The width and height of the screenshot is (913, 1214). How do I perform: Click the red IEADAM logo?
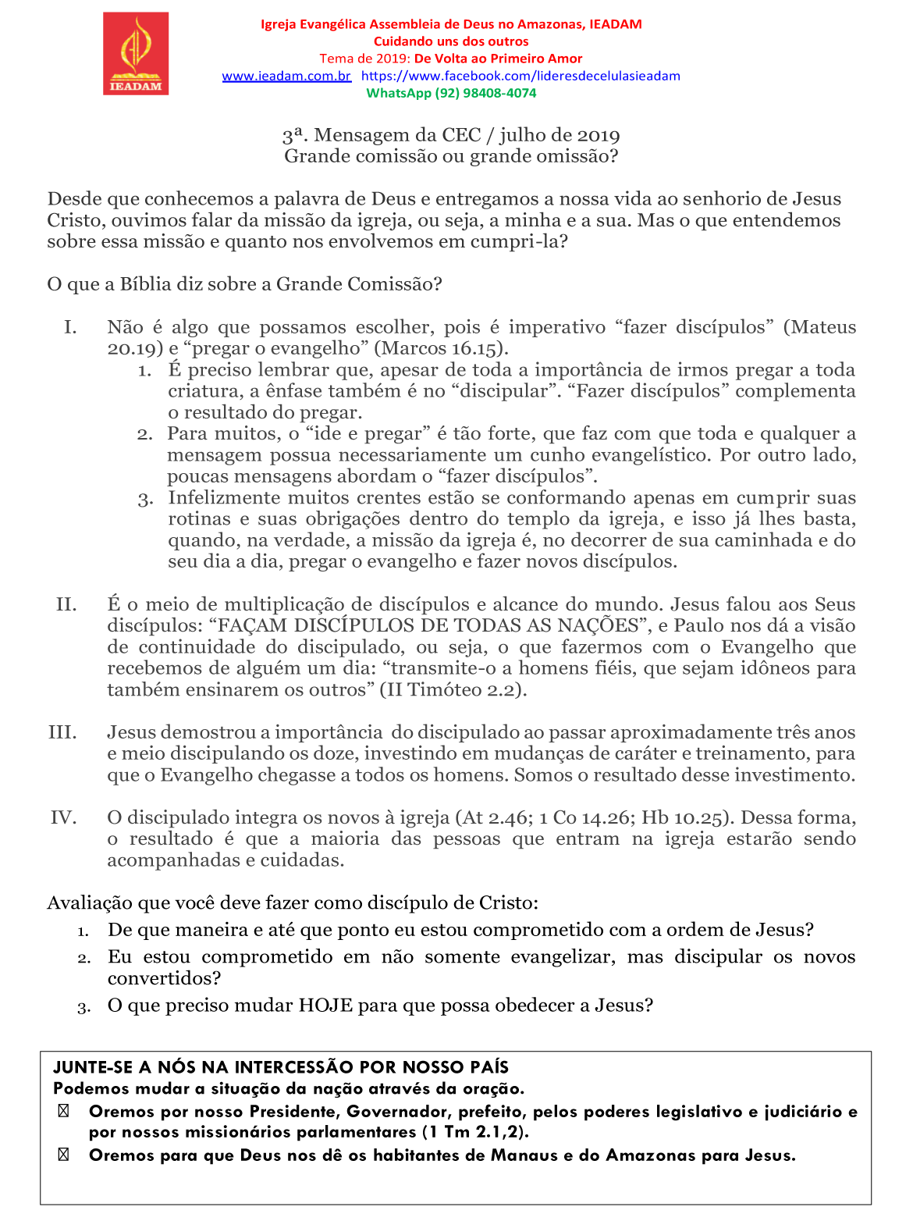[x=136, y=54]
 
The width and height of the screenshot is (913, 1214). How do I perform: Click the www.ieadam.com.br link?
[x=286, y=76]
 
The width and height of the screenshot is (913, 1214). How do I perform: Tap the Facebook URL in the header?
[x=520, y=76]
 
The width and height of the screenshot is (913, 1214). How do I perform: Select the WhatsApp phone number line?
[x=451, y=93]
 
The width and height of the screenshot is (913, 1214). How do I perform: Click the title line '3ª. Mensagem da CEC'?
[x=451, y=135]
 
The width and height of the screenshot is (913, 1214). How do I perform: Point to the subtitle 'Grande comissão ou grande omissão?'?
[x=451, y=156]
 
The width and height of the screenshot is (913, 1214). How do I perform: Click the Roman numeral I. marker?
[x=70, y=327]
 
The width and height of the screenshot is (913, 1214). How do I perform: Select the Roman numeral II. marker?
[x=66, y=604]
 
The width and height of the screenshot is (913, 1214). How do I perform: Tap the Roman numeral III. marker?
[x=62, y=732]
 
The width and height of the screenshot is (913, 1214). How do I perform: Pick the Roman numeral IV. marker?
[x=63, y=817]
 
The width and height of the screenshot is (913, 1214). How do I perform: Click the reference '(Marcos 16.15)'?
[x=442, y=348]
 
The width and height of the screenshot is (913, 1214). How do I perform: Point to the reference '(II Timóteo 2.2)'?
[x=453, y=689]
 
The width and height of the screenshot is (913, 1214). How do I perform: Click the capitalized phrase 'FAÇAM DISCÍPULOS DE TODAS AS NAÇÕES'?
[x=428, y=625]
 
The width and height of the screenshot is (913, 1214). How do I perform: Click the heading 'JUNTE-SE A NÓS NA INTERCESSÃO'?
[x=281, y=1067]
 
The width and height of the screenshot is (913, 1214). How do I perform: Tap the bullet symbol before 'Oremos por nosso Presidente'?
[x=63, y=1111]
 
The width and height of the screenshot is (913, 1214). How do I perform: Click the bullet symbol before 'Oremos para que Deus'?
[x=63, y=1155]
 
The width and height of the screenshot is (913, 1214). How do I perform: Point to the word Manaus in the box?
[x=524, y=1155]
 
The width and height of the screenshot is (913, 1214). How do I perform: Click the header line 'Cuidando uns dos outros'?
[x=451, y=41]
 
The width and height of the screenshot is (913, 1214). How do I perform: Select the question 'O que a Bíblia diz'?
[x=244, y=284]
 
